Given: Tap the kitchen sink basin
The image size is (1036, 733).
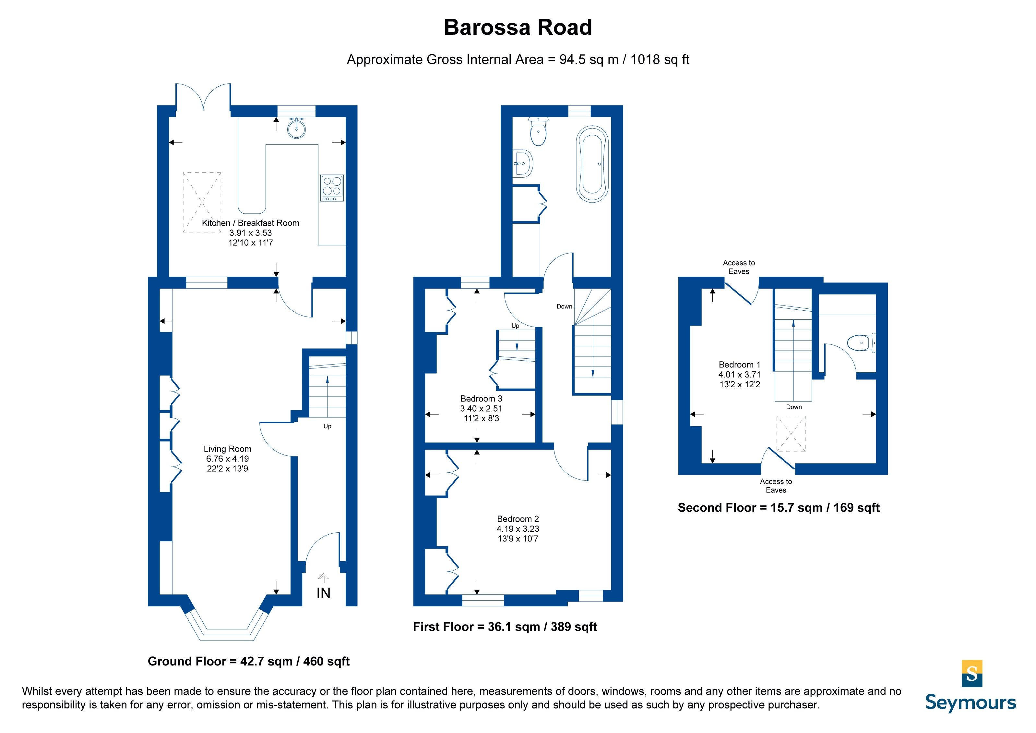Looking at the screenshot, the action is [296, 128].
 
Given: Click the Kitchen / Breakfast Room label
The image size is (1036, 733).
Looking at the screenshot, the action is [250, 223].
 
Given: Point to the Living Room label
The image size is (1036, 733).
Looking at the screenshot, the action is [227, 449].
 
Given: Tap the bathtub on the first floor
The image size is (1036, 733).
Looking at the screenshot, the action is [592, 164].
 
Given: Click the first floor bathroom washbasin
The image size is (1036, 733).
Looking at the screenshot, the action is [523, 163].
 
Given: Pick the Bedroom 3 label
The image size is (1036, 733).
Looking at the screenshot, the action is [481, 398].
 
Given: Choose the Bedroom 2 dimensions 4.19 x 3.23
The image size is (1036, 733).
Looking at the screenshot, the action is [518, 528].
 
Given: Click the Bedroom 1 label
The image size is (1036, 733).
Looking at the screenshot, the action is [740, 365].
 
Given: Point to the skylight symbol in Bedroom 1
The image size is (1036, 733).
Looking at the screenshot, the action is [791, 434].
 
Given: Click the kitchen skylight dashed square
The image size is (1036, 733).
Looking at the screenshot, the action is [202, 202].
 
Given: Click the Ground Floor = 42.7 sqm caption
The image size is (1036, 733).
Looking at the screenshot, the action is [249, 662].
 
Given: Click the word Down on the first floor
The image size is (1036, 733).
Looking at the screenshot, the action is [564, 306].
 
